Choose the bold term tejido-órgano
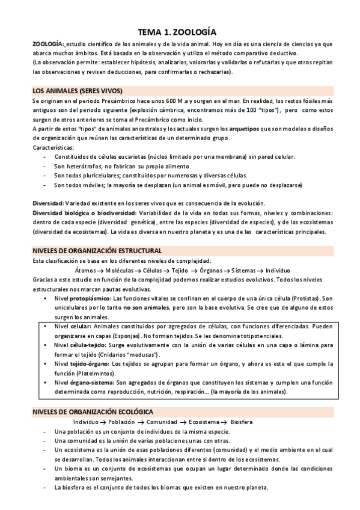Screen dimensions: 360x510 tap(91, 364)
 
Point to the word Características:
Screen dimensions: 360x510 tap(53, 147)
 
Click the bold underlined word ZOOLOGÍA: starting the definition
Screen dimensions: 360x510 tap(48, 45)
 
